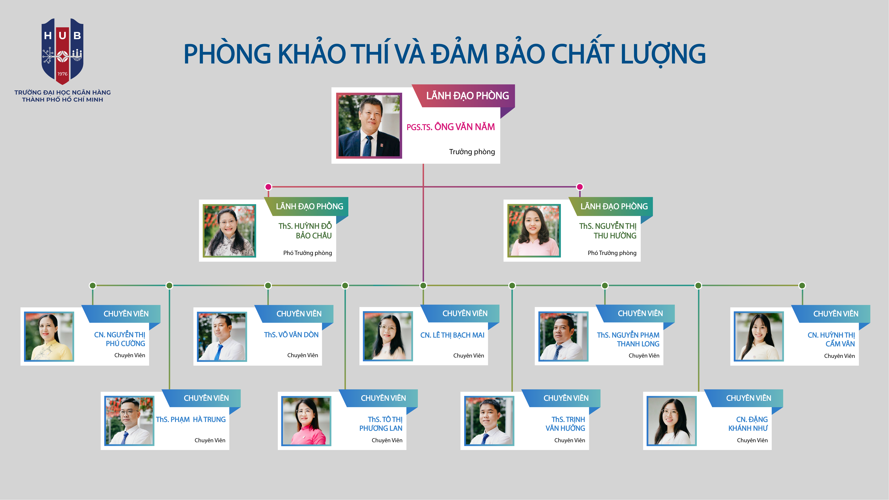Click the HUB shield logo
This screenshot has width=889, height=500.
63,51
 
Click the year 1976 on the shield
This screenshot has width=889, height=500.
63,74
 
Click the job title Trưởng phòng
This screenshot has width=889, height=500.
472,152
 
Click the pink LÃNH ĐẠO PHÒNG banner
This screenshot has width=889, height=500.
467,96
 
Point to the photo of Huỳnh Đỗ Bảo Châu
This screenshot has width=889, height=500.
229,231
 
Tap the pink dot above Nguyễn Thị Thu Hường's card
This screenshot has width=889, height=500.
580,187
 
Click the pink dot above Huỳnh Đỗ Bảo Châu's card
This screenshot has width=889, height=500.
268,187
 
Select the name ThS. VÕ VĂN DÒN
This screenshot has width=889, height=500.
291,335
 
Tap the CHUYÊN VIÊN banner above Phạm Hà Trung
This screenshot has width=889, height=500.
206,398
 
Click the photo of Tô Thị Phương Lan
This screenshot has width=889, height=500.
306,421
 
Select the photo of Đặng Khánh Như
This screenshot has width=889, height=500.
671,421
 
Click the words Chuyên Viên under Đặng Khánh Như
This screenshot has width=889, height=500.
752,440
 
